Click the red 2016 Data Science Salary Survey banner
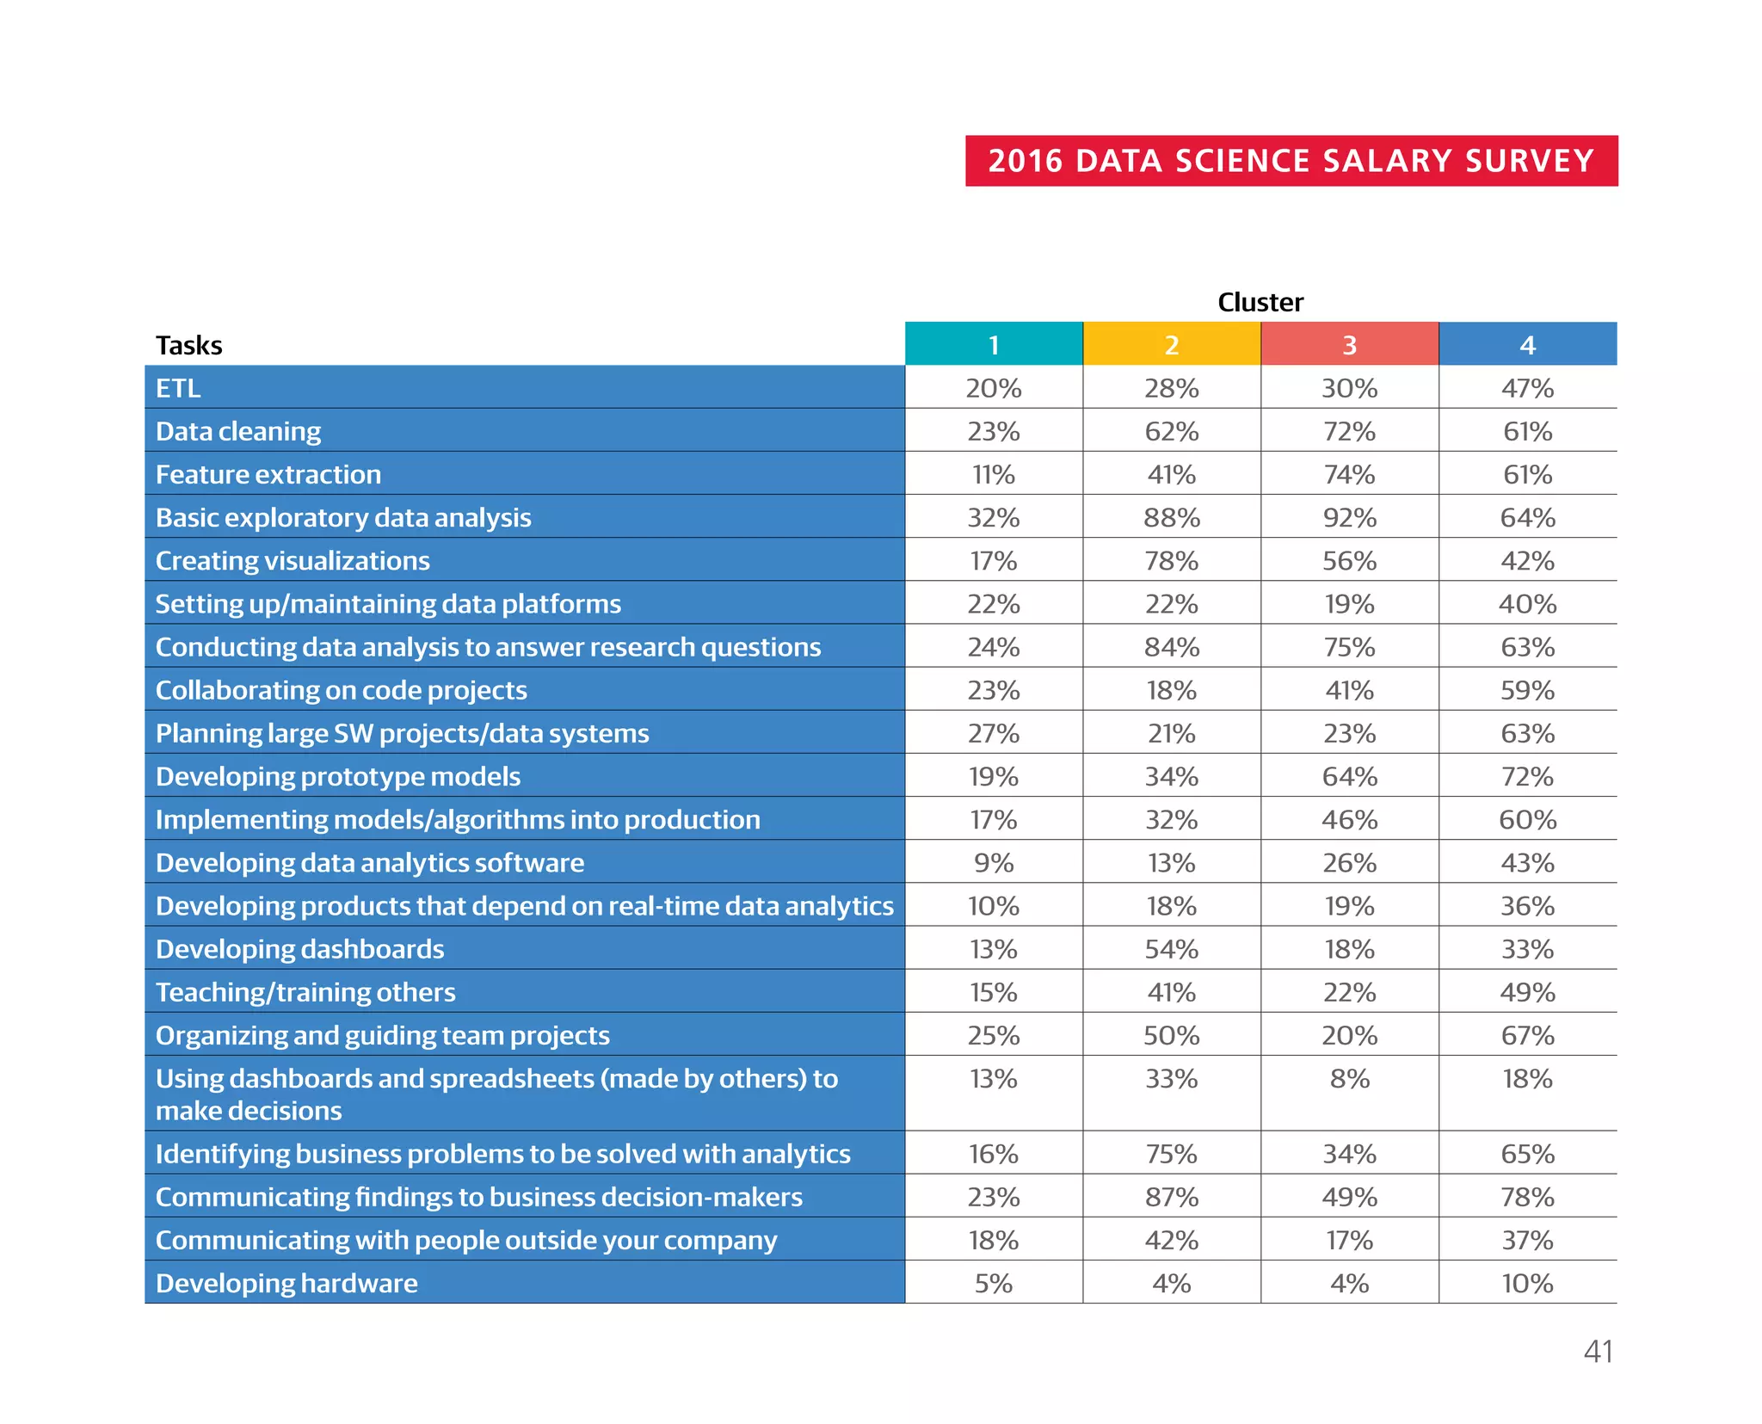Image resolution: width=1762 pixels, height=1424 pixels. [1291, 161]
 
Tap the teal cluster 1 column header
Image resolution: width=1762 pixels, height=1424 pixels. [994, 344]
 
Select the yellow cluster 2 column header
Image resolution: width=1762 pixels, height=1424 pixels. [1171, 344]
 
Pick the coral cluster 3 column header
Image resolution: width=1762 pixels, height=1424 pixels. [1349, 344]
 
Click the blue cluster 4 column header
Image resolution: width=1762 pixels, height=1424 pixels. [1527, 344]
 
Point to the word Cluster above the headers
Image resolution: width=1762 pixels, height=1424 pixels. [1260, 302]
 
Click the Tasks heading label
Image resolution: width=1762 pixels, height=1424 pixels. [188, 345]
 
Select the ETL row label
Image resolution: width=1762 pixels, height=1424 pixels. [178, 388]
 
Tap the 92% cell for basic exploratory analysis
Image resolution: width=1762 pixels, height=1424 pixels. [1349, 517]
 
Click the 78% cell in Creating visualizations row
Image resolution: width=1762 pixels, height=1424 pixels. [1171, 561]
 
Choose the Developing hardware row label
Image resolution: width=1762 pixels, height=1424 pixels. [286, 1283]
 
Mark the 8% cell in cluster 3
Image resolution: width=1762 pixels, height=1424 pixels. [1349, 1079]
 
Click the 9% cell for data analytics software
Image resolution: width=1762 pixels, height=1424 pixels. [994, 863]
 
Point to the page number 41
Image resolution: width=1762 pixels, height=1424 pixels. [1598, 1351]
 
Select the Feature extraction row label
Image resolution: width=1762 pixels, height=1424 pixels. [268, 474]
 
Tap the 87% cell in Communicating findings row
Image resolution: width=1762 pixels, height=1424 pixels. [1171, 1197]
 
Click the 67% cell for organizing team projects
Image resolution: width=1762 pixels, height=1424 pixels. [1527, 1035]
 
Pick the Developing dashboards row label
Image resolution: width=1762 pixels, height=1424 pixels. [299, 949]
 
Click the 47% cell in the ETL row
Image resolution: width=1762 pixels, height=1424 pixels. [1527, 388]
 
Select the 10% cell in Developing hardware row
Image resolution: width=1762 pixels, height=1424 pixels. [1527, 1283]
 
